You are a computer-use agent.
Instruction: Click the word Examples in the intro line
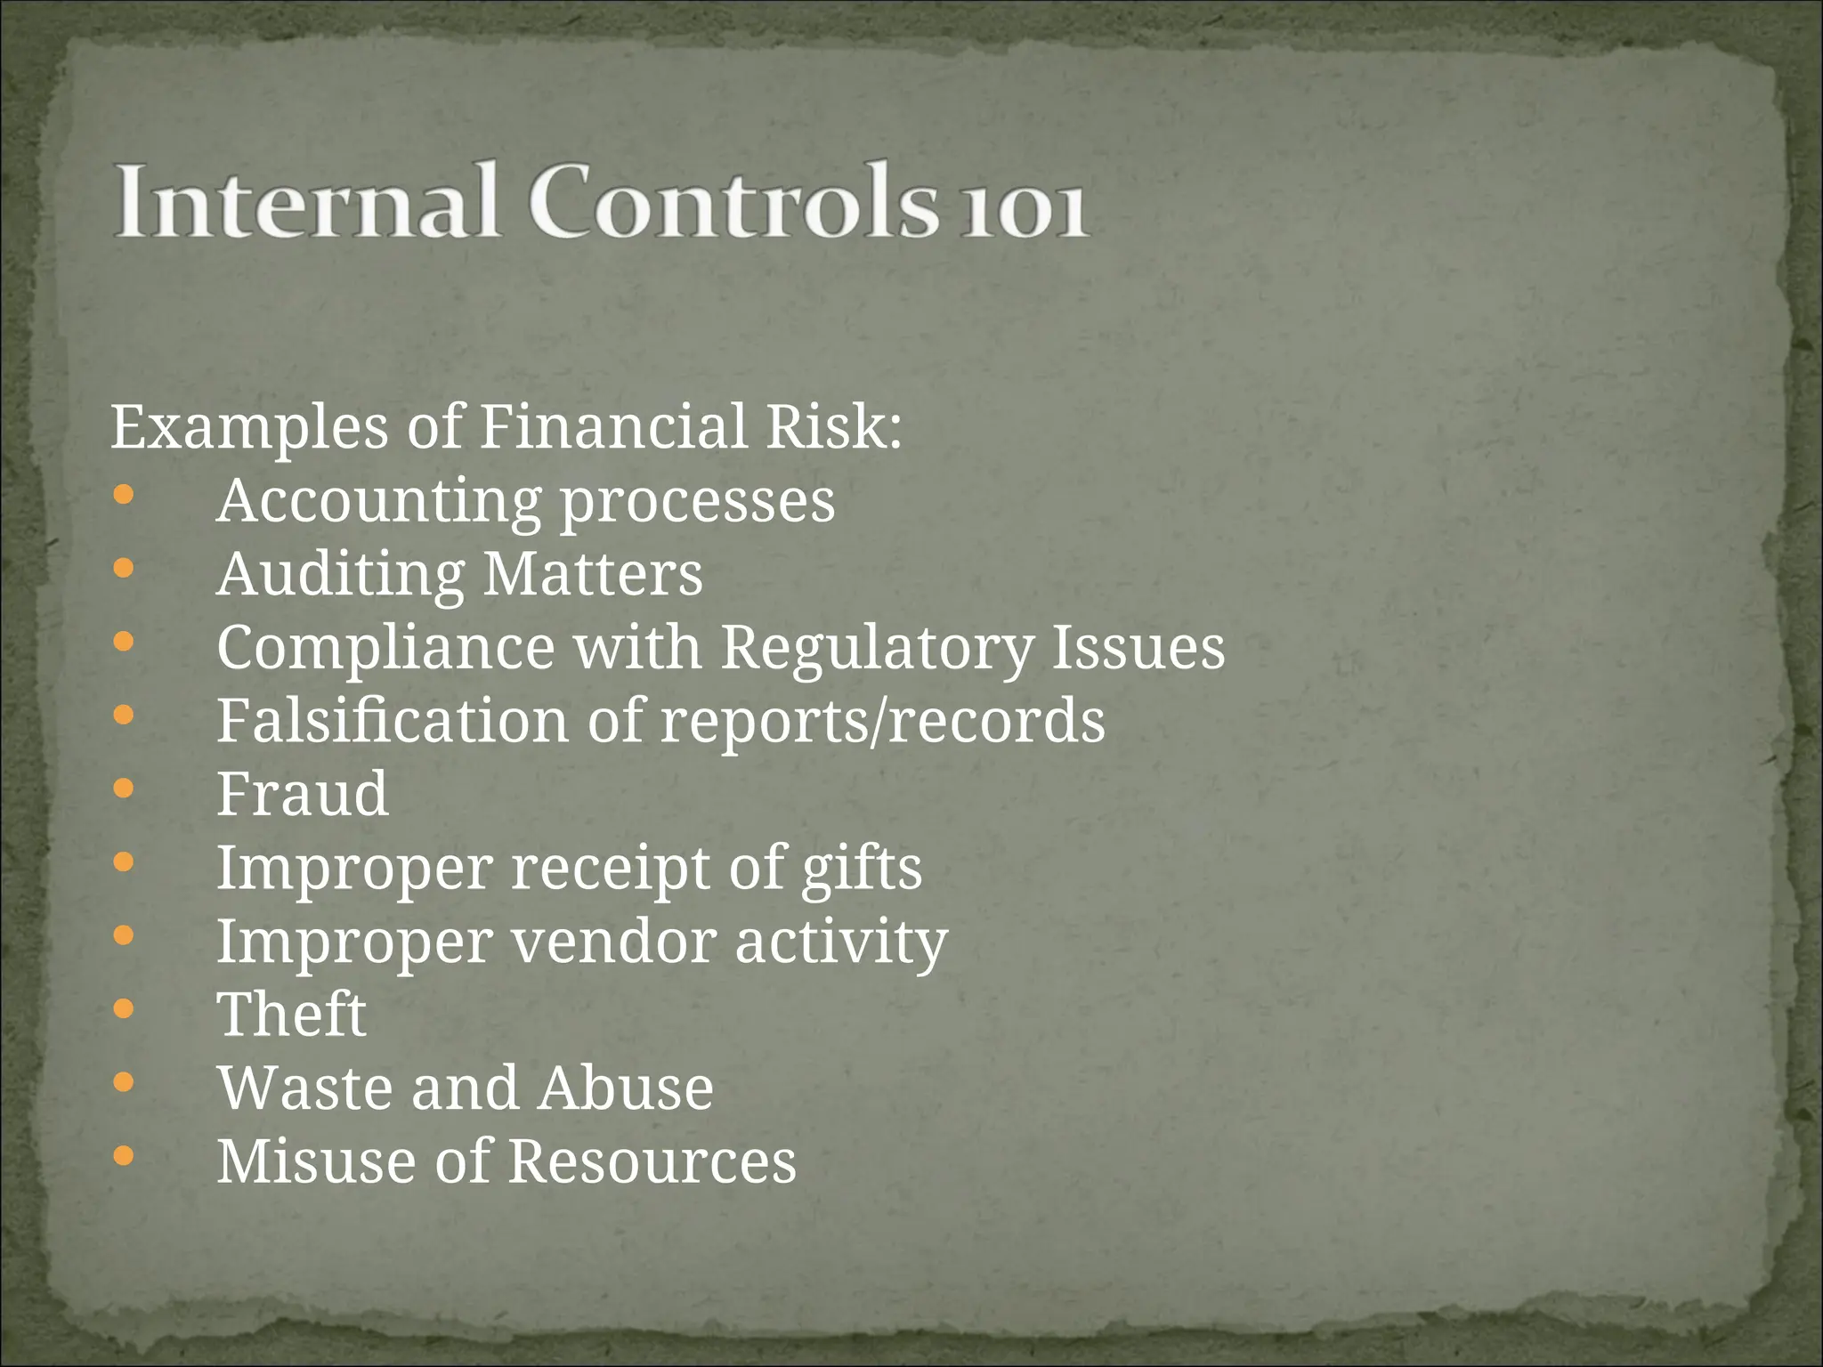[x=250, y=427]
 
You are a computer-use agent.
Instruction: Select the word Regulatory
[x=877, y=648]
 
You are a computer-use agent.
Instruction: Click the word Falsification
[x=393, y=720]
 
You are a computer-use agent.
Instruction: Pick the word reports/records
[x=882, y=721]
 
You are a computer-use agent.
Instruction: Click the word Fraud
[x=303, y=794]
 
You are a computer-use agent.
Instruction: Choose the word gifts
[x=862, y=869]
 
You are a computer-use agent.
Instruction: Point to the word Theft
[x=292, y=1015]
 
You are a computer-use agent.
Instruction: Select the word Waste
[x=304, y=1088]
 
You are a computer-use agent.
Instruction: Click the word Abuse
[x=626, y=1088]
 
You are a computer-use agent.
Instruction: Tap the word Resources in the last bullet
[x=652, y=1161]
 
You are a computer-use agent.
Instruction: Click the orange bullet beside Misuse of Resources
[x=124, y=1156]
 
